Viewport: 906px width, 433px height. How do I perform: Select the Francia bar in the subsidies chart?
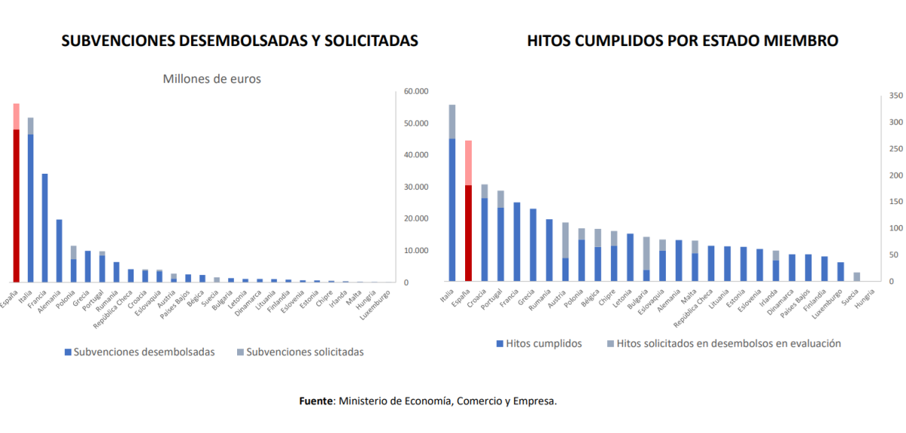pyautogui.click(x=45, y=227)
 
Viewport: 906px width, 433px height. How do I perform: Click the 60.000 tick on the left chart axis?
pyautogui.click(x=416, y=91)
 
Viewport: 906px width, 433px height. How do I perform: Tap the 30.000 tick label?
pyautogui.click(x=416, y=187)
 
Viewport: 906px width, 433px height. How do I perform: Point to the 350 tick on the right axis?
pyautogui.click(x=874, y=96)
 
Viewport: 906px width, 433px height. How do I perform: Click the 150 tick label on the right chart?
pyautogui.click(x=874, y=202)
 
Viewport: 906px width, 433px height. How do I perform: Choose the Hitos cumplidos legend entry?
pyautogui.click(x=538, y=343)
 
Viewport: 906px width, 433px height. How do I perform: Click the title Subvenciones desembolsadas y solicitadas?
pyautogui.click(x=239, y=41)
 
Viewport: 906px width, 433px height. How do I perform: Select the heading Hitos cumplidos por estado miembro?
pyautogui.click(x=683, y=41)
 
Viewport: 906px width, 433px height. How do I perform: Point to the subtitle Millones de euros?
pyautogui.click(x=212, y=79)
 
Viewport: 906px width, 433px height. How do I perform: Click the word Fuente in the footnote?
pyautogui.click(x=316, y=401)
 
